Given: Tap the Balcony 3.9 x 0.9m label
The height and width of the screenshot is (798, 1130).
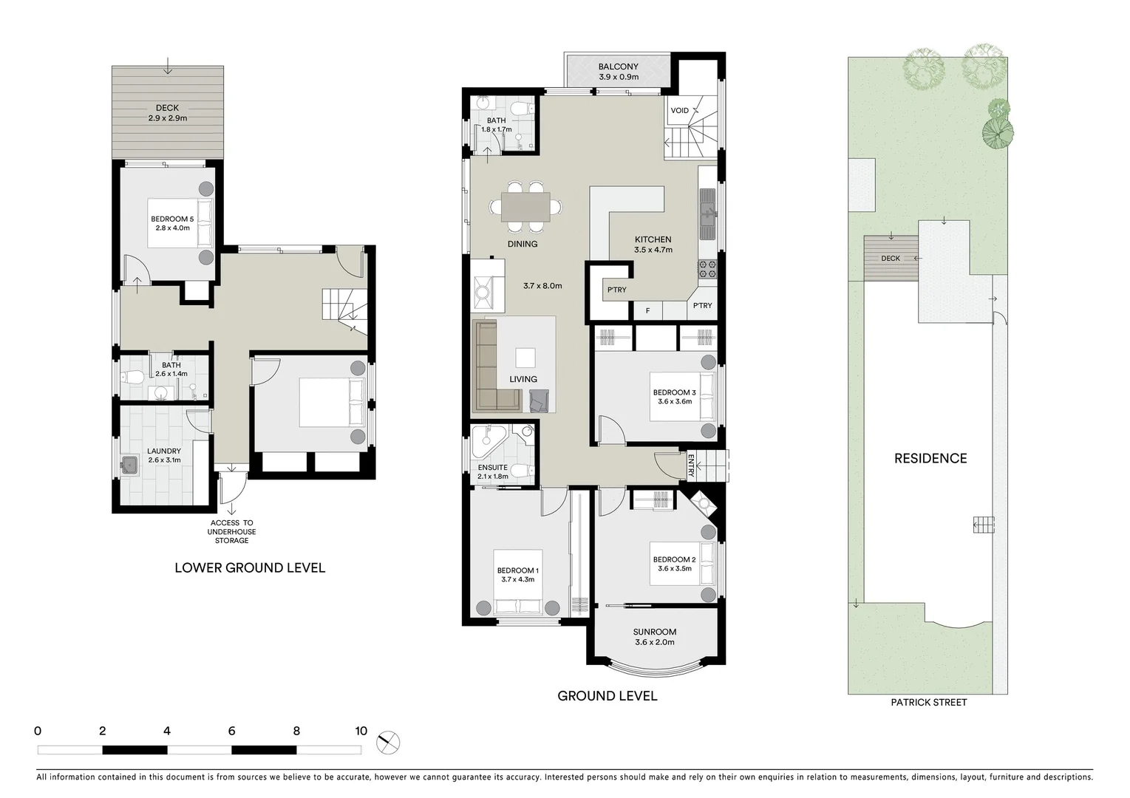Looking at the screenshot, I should (618, 72).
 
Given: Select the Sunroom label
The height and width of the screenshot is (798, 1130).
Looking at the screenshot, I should (654, 637).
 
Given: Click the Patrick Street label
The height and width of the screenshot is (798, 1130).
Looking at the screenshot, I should (928, 703).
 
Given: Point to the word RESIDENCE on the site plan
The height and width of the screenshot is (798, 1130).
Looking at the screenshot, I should (930, 459).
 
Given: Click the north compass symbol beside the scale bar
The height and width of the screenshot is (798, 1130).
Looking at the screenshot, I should (388, 742).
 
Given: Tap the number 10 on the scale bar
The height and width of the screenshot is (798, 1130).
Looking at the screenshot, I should (361, 731).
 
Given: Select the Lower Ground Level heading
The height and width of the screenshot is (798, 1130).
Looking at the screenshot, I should (250, 568).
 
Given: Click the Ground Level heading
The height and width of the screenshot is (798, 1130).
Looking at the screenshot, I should (607, 696).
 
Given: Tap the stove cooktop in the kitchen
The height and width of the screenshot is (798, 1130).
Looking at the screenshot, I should (707, 269).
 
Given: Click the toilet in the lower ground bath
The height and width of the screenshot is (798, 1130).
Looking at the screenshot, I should (132, 378).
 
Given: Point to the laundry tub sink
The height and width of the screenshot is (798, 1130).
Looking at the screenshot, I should (129, 465).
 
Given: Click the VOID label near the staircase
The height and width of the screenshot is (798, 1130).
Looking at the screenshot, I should (679, 111).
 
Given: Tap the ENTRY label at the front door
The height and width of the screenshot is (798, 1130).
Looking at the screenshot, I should (691, 465).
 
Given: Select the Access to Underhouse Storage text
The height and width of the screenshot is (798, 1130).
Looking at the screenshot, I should (231, 532).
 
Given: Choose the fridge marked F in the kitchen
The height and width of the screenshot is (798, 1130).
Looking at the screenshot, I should (648, 311).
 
